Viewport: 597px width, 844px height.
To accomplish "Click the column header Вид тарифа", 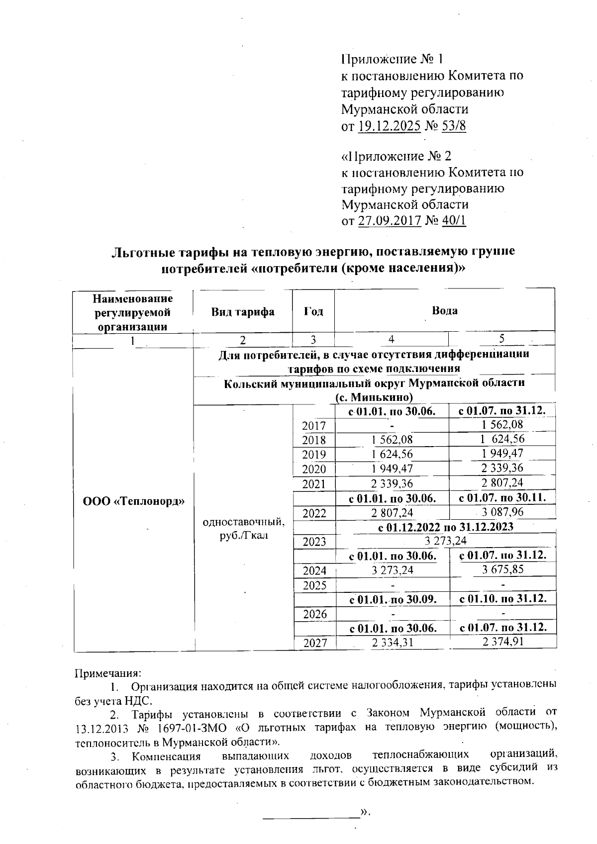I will click(243, 312).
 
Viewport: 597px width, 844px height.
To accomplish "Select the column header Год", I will click(313, 312).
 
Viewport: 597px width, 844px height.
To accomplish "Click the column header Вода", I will click(444, 311).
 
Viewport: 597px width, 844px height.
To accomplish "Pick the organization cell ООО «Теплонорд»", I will click(133, 501).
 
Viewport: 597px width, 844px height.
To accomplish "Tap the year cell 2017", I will click(314, 426).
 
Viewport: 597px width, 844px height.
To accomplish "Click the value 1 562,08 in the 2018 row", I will click(392, 440).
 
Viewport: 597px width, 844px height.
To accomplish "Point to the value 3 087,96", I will click(502, 512).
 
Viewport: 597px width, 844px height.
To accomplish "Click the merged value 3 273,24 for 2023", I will click(444, 541).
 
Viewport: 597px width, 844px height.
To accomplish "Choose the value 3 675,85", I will click(502, 569).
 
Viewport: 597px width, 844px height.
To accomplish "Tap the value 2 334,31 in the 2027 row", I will click(392, 643).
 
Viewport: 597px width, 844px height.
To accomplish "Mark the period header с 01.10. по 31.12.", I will click(502, 599).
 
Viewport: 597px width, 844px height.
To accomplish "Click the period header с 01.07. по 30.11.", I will click(502, 498).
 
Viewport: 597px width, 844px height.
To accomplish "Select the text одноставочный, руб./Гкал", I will click(243, 529).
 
